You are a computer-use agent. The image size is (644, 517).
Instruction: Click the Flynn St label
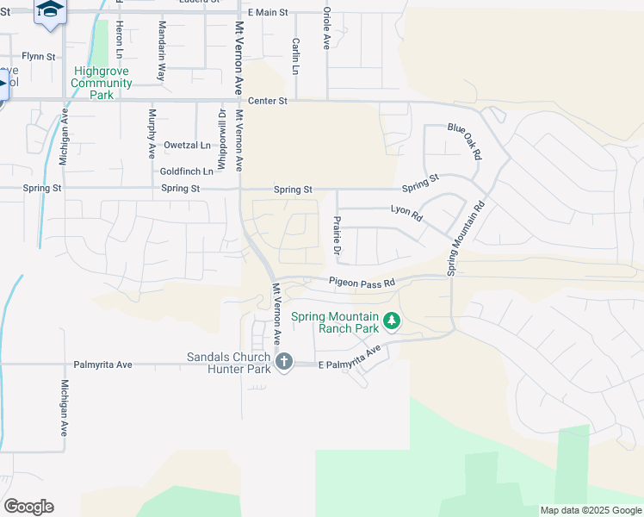click(39, 57)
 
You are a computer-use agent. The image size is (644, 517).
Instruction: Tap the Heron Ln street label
click(108, 34)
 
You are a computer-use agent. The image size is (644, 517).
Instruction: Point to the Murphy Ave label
click(152, 133)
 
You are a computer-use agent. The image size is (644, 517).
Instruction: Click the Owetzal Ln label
click(188, 146)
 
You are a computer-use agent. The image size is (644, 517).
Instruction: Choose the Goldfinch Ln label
click(187, 171)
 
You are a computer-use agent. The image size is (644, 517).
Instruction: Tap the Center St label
click(267, 101)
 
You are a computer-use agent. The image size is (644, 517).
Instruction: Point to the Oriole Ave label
click(326, 28)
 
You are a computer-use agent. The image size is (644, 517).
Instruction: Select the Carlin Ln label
click(295, 56)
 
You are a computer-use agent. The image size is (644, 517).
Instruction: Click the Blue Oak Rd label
click(464, 140)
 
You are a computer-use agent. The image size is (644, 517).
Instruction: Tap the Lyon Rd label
click(406, 213)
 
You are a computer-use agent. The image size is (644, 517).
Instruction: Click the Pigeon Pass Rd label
click(362, 282)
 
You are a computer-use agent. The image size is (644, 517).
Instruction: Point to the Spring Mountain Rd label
click(466, 239)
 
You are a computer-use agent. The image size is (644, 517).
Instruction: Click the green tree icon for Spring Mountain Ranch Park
click(392, 321)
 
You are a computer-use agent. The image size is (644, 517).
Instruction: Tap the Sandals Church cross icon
click(284, 362)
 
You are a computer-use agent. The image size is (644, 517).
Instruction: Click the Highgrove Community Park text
click(102, 84)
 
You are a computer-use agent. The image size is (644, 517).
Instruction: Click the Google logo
click(28, 507)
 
